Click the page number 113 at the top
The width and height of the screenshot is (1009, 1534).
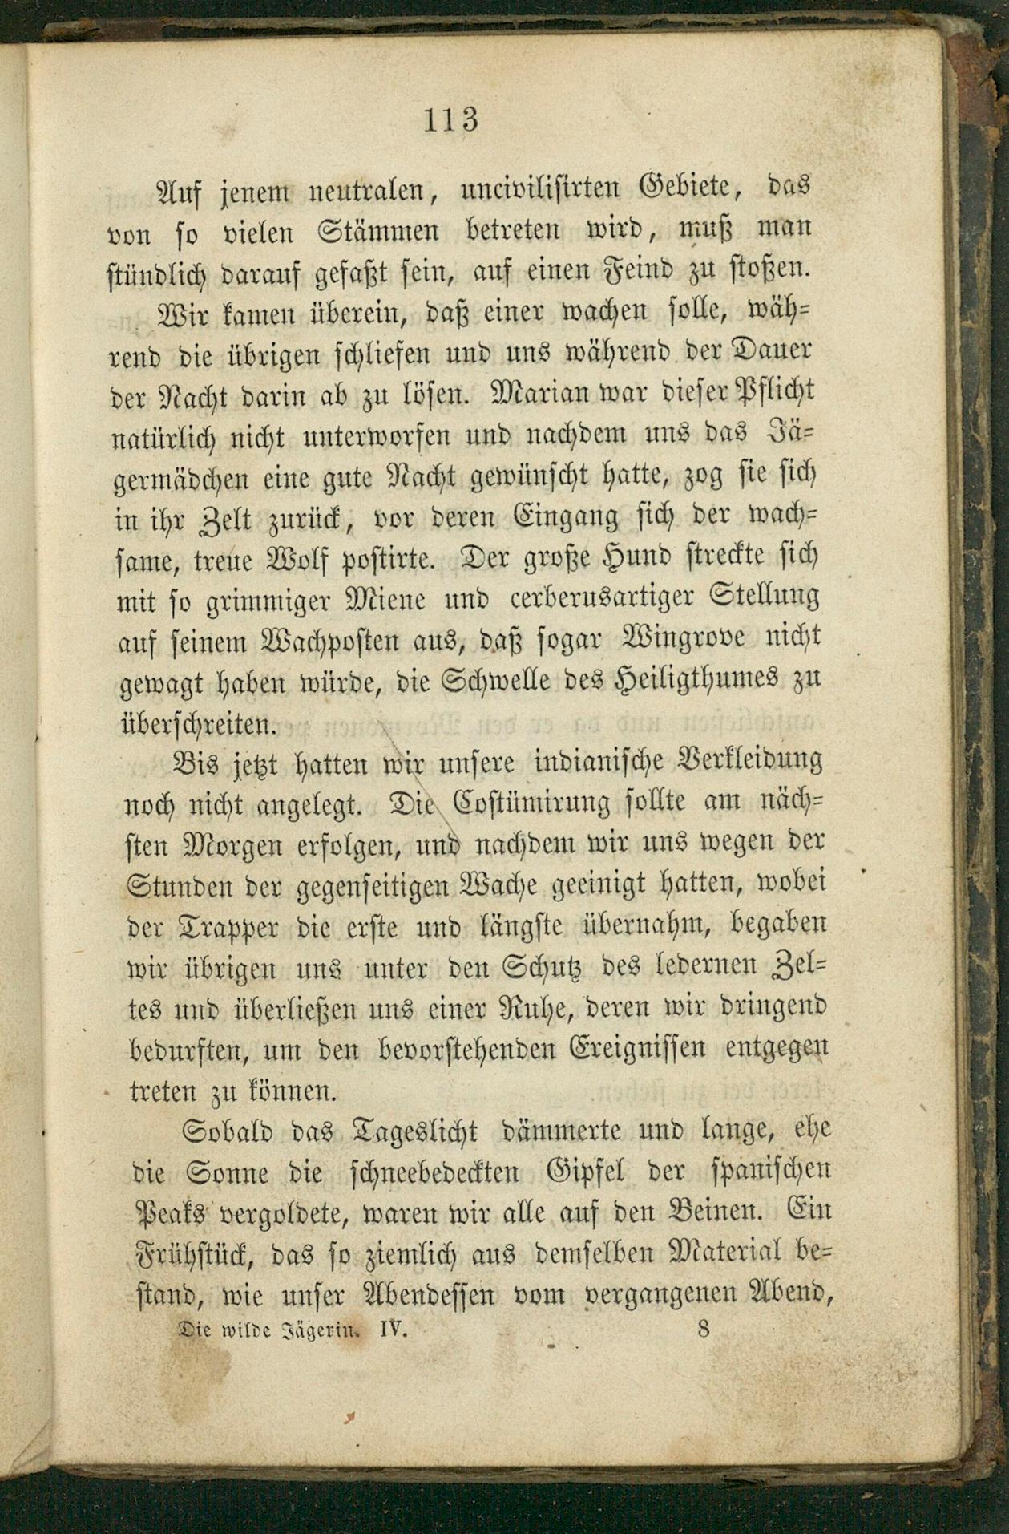click(450, 119)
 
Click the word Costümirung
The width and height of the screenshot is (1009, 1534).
click(545, 802)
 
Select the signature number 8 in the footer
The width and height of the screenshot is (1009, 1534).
click(704, 1329)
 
